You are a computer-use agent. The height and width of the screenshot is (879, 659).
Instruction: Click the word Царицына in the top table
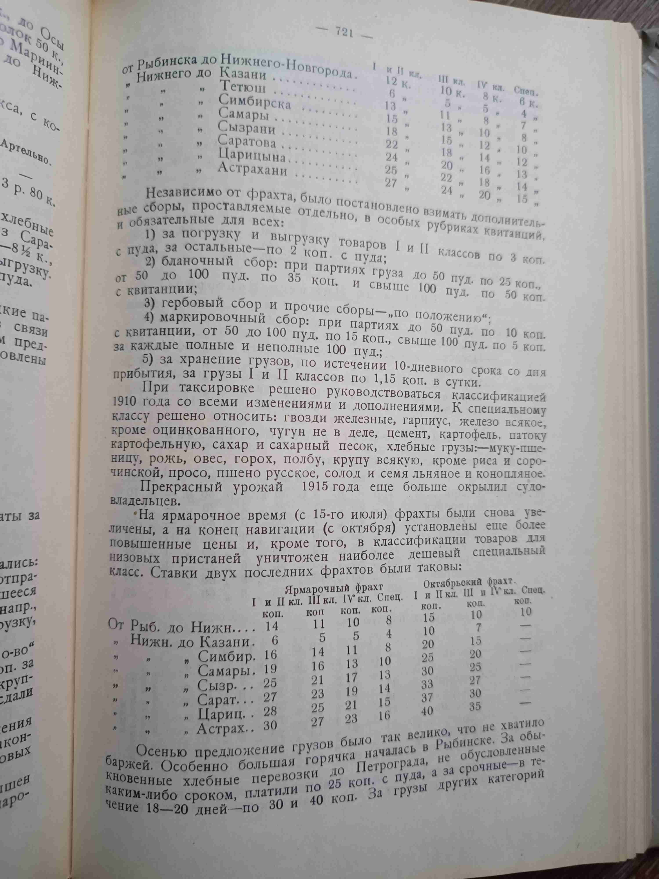[x=252, y=156]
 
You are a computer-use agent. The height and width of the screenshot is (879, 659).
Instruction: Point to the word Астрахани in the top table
[x=258, y=170]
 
